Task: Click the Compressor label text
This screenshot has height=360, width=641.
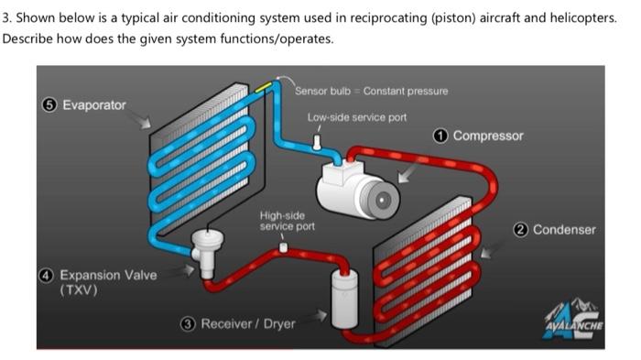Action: coord(488,136)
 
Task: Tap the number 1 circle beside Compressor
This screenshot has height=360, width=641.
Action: coord(441,136)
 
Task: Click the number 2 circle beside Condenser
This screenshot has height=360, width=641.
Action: coord(523,229)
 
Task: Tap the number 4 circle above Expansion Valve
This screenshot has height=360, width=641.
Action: coord(47,275)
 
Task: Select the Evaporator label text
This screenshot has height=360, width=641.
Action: coord(94,104)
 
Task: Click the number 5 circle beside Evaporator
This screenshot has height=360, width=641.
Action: coord(50,104)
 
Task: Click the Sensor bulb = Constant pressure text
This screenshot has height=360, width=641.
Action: coord(372,91)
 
